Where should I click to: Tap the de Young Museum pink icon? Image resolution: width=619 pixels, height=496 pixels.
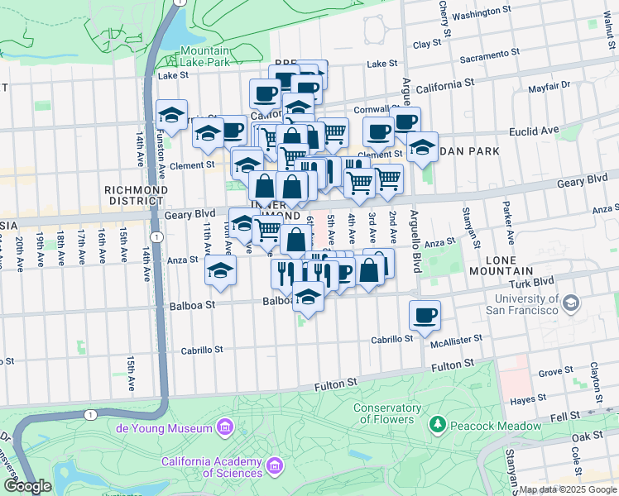(223, 427)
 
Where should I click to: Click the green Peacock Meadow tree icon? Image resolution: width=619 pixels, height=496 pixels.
(437, 425)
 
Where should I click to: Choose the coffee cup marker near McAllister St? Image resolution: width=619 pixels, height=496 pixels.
(425, 314)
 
